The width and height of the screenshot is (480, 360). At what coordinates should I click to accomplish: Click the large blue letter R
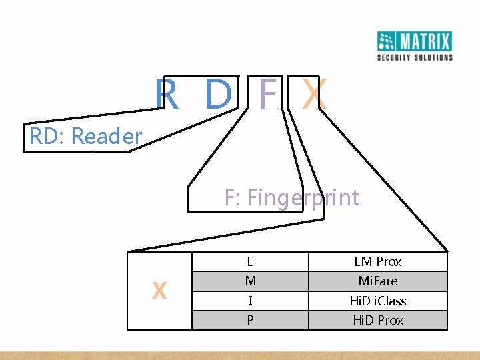(x=167, y=95)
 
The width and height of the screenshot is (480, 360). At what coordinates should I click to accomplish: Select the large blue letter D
(x=217, y=95)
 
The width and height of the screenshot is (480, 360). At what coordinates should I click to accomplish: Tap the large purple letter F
(x=267, y=95)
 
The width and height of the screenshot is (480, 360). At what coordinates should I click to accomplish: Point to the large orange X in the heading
(x=313, y=95)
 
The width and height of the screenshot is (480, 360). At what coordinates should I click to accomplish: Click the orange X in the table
(x=159, y=291)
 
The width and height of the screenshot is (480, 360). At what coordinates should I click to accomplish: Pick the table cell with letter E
(x=250, y=262)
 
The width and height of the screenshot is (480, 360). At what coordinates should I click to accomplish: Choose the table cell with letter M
(x=250, y=281)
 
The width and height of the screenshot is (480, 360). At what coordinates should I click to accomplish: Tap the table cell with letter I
(x=250, y=301)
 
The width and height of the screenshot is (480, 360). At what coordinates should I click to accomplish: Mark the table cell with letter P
(x=250, y=320)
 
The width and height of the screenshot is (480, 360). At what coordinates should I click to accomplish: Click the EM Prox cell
(x=378, y=262)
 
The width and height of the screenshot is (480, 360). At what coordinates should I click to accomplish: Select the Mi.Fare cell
(x=378, y=281)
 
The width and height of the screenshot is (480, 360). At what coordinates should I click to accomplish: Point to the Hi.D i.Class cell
(x=378, y=301)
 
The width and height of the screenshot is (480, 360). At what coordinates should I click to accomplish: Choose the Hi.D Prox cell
(x=378, y=320)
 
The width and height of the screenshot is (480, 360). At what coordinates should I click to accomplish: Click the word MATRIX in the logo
(x=425, y=42)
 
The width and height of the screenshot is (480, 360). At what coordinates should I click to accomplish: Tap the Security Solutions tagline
(x=415, y=57)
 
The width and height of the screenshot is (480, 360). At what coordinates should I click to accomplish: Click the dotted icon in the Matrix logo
(x=387, y=41)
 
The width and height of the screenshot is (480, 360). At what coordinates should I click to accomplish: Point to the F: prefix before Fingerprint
(x=233, y=198)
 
